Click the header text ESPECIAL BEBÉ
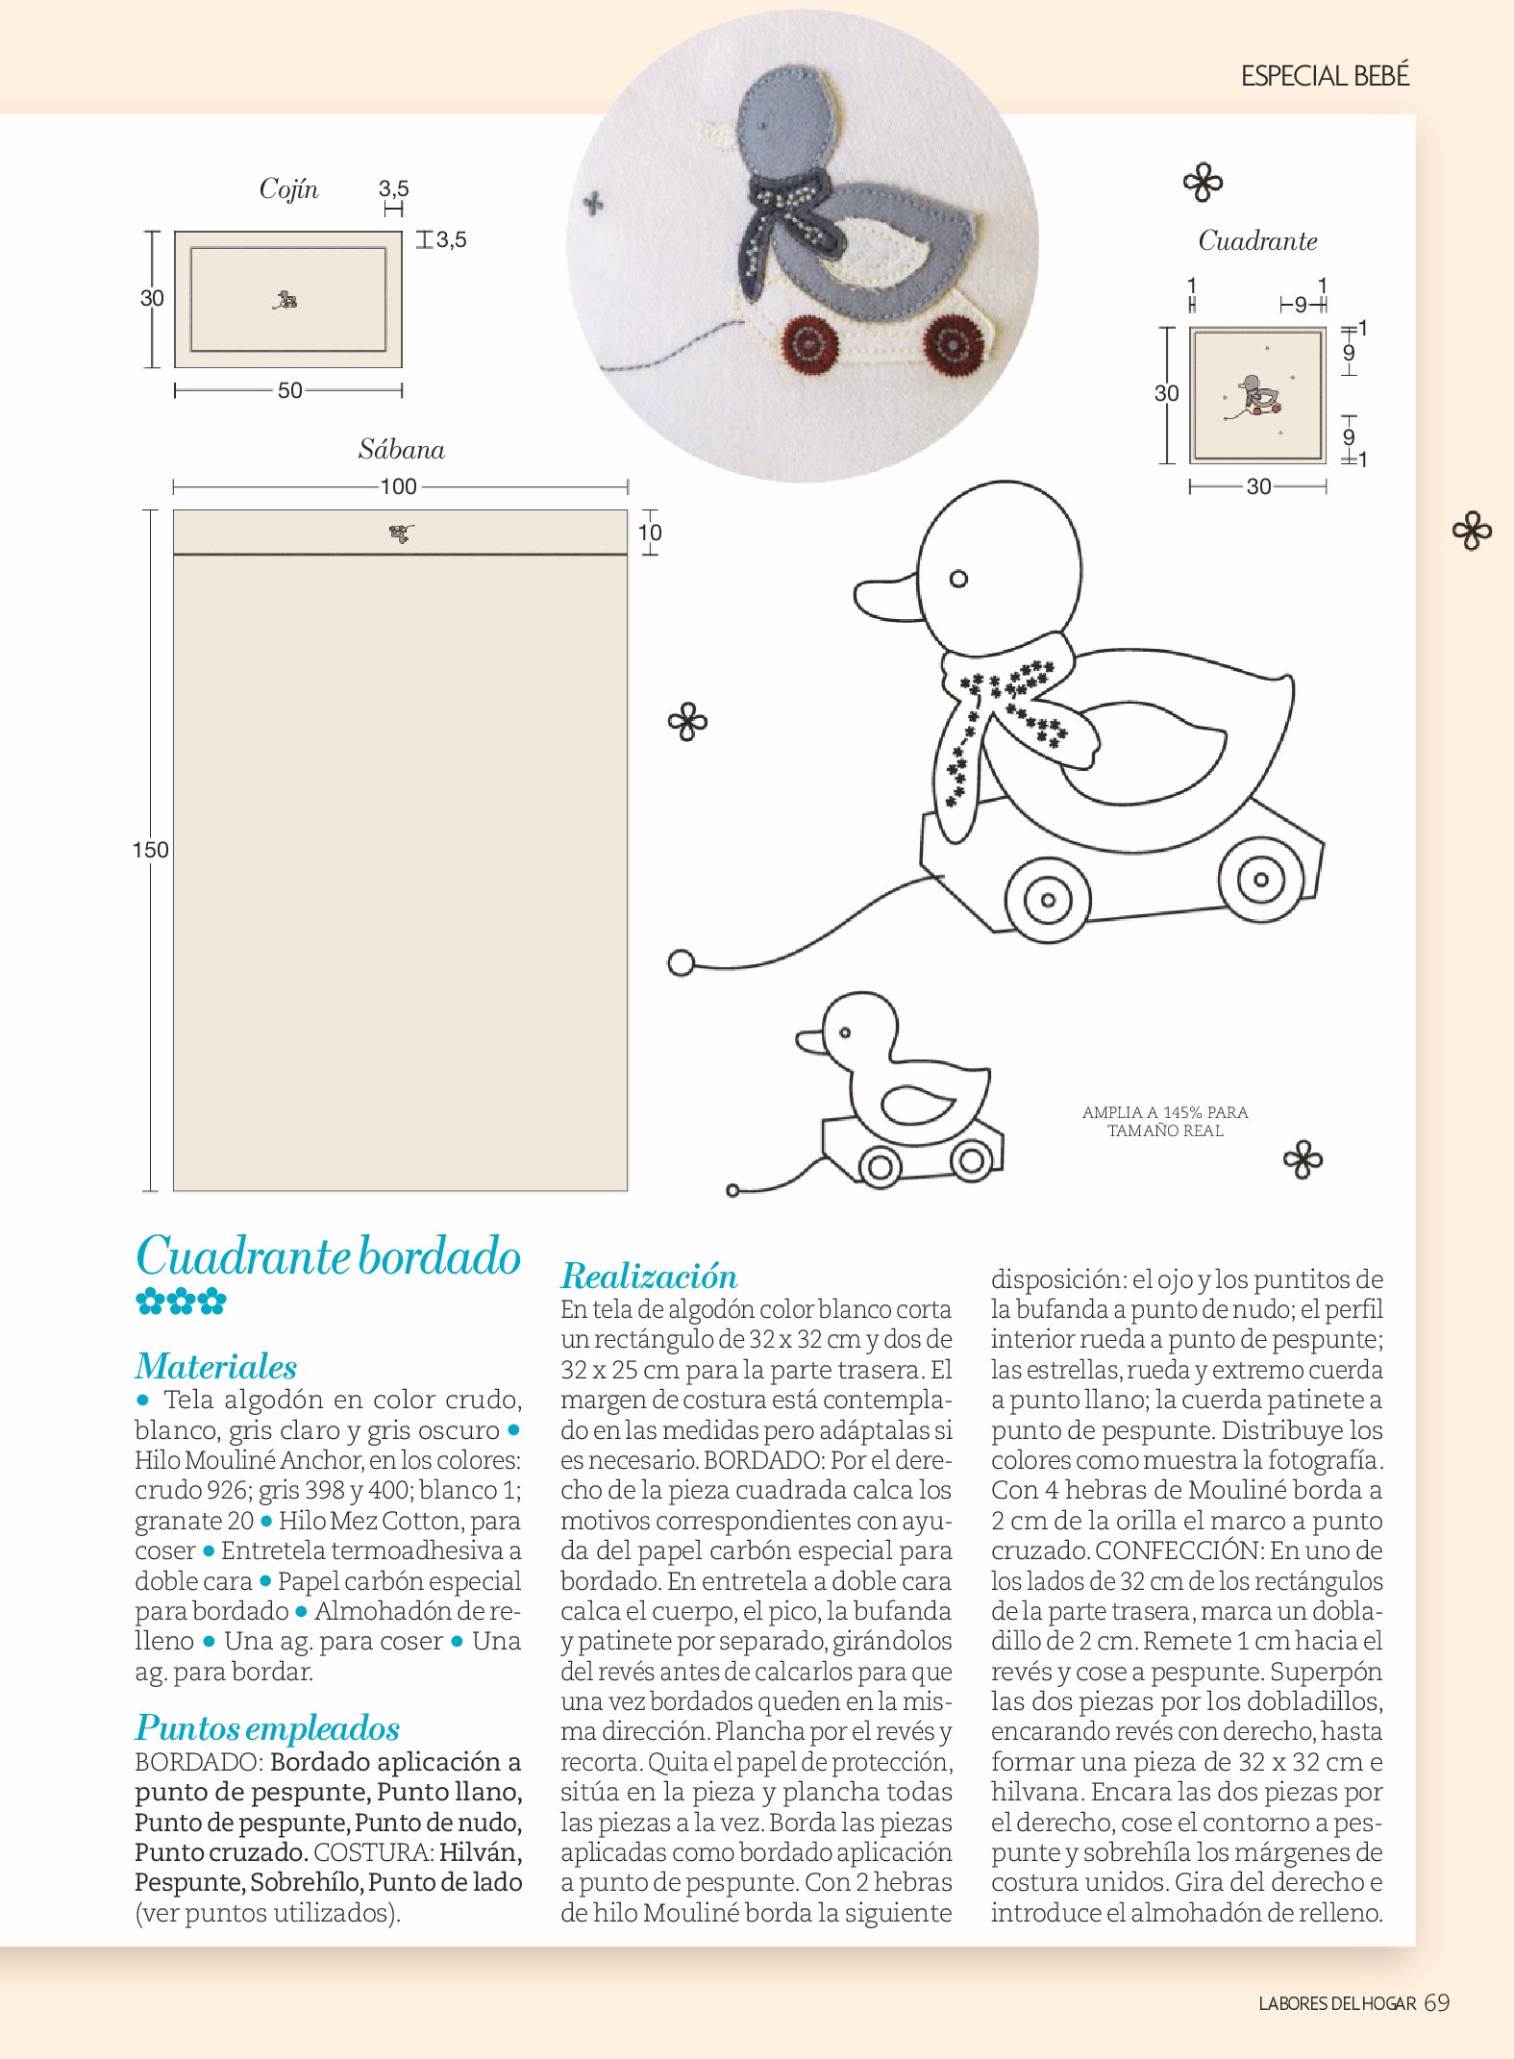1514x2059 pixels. [1324, 76]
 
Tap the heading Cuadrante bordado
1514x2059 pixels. [328, 1256]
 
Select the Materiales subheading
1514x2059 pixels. [215, 1366]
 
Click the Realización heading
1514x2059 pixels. [649, 1276]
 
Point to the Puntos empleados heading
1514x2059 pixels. [266, 1727]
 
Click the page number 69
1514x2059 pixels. [1437, 2002]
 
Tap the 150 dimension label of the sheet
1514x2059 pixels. [150, 850]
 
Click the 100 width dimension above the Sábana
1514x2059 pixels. [398, 486]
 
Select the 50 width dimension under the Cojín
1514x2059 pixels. [289, 390]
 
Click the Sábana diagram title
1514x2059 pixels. [401, 450]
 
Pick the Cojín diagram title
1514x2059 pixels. [288, 188]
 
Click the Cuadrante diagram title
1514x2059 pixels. [1257, 241]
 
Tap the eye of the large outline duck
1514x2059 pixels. [958, 579]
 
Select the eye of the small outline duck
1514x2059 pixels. [845, 1032]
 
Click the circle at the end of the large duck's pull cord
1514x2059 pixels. [681, 962]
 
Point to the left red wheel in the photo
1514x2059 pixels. [807, 344]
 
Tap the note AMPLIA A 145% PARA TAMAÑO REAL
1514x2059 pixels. [1165, 1121]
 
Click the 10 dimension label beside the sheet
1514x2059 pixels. [650, 533]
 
